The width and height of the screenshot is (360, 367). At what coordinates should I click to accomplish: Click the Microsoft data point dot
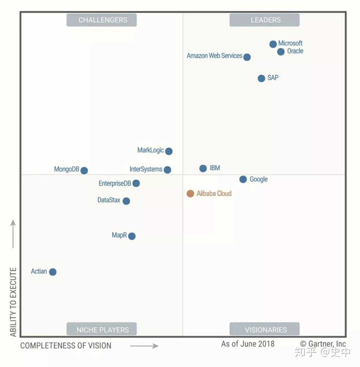pos(273,44)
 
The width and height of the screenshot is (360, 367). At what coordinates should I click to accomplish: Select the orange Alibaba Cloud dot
pos(190,193)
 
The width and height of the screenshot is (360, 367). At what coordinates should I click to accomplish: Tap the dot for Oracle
pos(281,52)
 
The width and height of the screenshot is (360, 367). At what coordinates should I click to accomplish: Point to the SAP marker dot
pos(261,78)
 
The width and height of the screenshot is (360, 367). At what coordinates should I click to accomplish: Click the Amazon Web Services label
pos(214,56)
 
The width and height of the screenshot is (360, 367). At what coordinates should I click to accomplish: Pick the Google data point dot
pos(243,179)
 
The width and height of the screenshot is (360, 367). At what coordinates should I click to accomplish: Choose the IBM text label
pos(215,168)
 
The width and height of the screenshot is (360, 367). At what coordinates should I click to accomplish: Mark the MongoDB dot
pos(84,171)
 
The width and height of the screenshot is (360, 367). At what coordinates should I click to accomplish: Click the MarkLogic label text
pos(150,150)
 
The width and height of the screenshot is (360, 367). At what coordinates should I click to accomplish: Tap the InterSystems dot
pos(168,170)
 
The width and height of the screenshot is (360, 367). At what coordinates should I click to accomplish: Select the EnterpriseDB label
pos(115,183)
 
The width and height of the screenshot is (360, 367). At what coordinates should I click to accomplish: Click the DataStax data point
pos(126,201)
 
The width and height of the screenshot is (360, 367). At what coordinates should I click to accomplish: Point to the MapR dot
pos(132,236)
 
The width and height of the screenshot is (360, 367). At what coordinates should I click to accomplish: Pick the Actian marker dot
pos(53,272)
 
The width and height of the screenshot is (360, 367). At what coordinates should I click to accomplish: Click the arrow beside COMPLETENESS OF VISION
pos(144,346)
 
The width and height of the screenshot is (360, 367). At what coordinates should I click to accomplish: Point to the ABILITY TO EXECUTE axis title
pos(13,302)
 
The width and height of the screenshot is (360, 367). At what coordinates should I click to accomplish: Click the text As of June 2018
pos(248,344)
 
